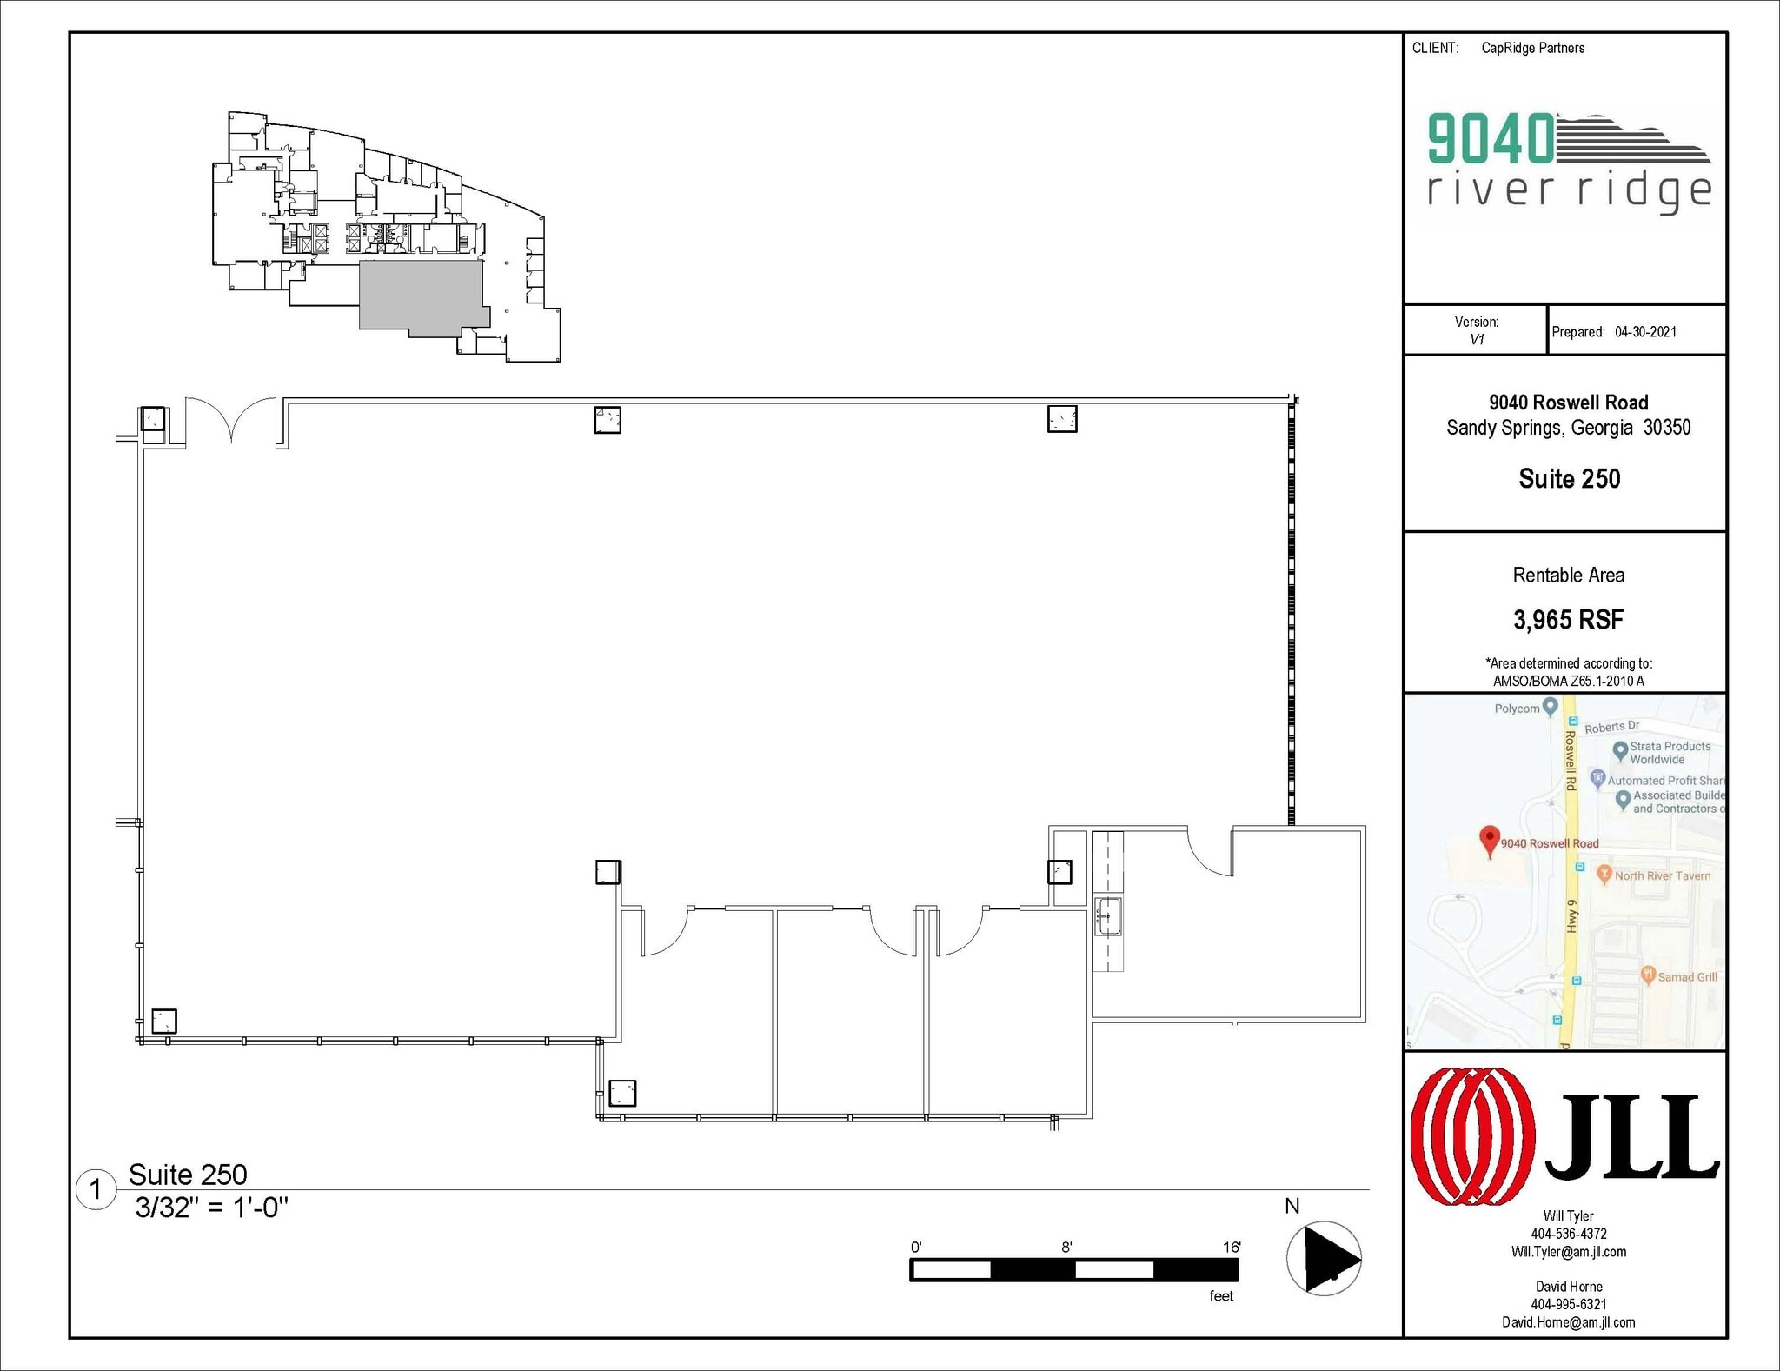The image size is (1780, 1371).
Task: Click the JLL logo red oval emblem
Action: [x=1472, y=1135]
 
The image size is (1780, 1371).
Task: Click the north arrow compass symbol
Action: [x=1324, y=1258]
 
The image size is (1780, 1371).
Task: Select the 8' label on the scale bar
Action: [x=1066, y=1247]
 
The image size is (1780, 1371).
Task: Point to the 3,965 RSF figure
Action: [x=1568, y=620]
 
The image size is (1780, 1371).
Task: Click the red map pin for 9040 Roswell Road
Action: [x=1490, y=839]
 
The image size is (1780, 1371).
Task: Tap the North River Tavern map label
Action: [x=1662, y=875]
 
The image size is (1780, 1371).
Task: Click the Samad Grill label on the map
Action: [x=1687, y=976]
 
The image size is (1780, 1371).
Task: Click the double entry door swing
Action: [x=230, y=420]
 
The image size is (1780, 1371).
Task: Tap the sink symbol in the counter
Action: [x=1107, y=917]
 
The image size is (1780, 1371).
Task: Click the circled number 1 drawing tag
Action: [x=96, y=1189]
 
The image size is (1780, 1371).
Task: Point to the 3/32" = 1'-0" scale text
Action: [x=211, y=1208]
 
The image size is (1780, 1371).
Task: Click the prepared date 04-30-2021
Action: [x=1645, y=331]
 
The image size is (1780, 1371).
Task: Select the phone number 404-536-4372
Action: [x=1568, y=1234]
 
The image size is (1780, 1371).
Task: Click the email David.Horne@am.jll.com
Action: [x=1568, y=1322]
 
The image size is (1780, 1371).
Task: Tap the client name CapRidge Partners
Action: [x=1532, y=48]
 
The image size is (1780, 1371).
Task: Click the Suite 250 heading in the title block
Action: [x=1569, y=479]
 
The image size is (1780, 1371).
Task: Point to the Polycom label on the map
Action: [x=1517, y=709]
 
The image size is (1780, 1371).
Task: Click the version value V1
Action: [x=1476, y=340]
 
